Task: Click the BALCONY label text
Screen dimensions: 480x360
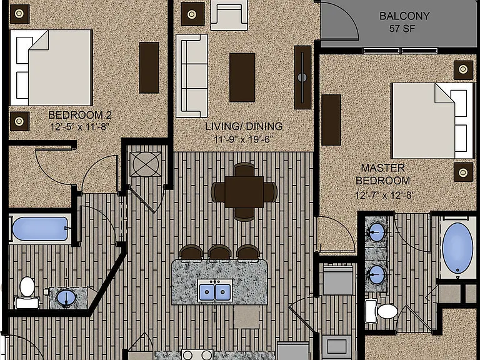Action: [404, 16]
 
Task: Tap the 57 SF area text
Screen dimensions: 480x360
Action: [402, 29]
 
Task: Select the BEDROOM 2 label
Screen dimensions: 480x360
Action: [80, 115]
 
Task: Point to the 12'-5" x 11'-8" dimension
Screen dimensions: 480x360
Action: [79, 127]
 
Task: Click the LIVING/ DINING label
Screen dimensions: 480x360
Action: [244, 126]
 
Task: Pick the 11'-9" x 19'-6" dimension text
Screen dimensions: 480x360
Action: [243, 139]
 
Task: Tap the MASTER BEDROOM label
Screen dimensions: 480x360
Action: [382, 174]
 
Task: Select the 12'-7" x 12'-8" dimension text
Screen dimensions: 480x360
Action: [384, 195]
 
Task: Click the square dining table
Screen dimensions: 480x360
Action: [244, 192]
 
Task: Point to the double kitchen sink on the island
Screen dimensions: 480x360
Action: [214, 291]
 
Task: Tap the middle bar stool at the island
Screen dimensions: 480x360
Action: [219, 252]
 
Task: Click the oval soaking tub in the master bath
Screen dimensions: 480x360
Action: [457, 248]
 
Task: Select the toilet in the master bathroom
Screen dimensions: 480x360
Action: [381, 311]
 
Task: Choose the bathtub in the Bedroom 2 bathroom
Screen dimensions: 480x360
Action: [40, 229]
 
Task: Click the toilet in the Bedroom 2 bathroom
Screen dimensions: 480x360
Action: [27, 293]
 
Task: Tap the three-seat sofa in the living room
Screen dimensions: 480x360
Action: [192, 76]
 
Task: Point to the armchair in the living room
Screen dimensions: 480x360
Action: [229, 15]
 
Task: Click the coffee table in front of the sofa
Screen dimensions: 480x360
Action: [242, 77]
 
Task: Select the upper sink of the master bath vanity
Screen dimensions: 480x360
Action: [376, 232]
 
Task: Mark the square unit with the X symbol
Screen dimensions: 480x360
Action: [146, 164]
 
